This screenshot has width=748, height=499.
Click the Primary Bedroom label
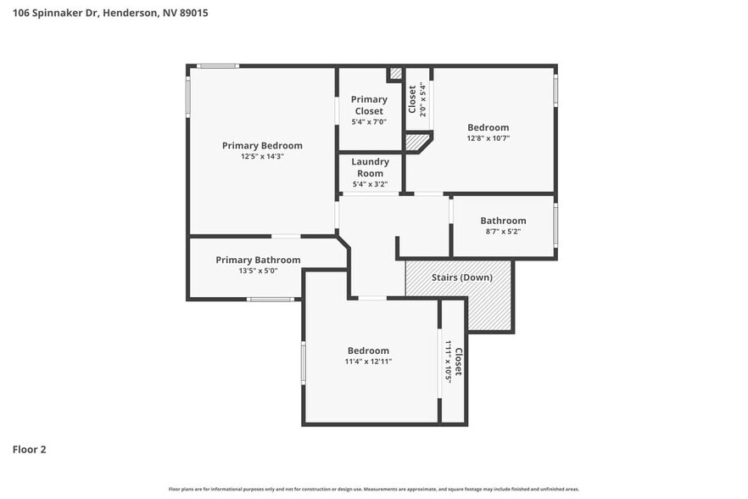point(262,145)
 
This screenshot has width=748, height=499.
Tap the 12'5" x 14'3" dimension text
point(262,156)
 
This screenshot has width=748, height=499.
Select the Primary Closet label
point(369,105)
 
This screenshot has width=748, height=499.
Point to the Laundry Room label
point(370,167)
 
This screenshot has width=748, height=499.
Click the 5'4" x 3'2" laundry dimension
point(370,184)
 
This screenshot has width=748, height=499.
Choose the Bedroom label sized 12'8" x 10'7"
point(488,127)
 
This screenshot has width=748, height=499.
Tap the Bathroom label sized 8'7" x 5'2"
point(503,221)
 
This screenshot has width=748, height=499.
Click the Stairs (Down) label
point(459,278)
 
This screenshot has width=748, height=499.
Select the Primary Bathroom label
point(258,260)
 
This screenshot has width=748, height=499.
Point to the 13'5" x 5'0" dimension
point(258,271)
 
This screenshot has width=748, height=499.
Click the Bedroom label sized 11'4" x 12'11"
point(368,350)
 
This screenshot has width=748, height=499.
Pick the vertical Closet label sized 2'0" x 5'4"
point(413,99)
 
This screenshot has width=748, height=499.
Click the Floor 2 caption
point(29,449)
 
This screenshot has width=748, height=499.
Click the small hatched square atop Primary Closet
point(395,75)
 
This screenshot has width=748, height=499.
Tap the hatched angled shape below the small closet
point(416,142)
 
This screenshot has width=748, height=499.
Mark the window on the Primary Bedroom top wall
point(218,66)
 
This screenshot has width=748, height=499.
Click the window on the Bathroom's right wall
point(556,227)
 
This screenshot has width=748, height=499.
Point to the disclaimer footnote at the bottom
point(373,489)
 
